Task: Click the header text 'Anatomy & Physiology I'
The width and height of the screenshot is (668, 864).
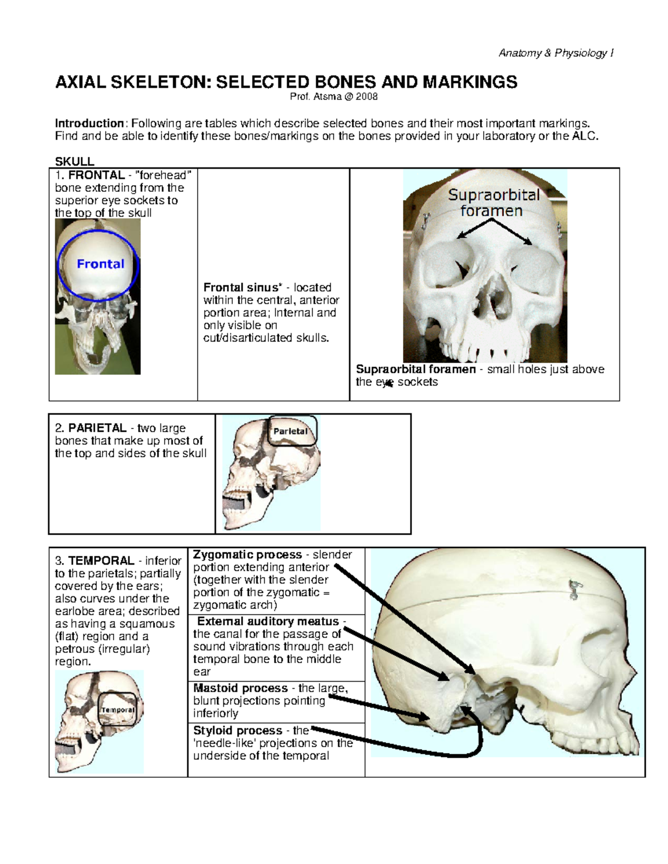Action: (x=556, y=53)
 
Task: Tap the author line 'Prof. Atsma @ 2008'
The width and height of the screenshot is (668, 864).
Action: (x=333, y=97)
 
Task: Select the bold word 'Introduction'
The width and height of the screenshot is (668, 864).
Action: (x=89, y=124)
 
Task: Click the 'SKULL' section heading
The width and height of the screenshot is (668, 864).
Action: (x=75, y=161)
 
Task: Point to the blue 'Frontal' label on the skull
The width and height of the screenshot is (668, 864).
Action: (x=100, y=264)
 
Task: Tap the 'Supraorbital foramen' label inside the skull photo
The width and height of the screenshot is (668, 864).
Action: (x=494, y=203)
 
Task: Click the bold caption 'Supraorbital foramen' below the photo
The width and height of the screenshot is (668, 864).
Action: (x=415, y=369)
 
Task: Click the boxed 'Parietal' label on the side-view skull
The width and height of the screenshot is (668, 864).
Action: (x=290, y=431)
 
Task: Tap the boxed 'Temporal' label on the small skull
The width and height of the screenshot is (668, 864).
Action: (x=117, y=710)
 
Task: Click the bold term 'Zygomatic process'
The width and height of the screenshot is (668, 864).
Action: (x=247, y=555)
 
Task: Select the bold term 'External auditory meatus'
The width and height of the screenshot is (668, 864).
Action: (x=268, y=621)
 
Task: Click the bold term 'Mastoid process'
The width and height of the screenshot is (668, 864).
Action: (x=240, y=688)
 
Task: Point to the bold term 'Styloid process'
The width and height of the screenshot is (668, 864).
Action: (x=237, y=730)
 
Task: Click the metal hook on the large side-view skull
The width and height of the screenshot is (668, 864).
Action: (x=573, y=590)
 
